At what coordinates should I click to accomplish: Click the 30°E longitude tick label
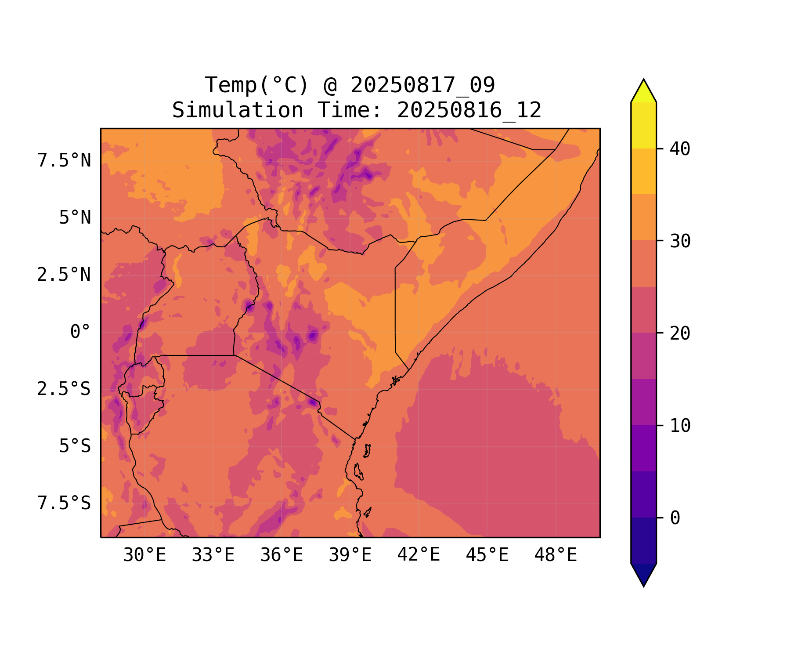coord(144,555)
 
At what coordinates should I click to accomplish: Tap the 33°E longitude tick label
coord(213,555)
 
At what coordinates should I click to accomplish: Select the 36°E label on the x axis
coord(282,555)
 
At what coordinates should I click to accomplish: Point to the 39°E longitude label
coord(350,555)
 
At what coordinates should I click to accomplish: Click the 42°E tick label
coord(419,555)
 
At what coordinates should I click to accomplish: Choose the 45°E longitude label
coord(487,555)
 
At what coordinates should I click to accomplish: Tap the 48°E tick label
coord(556,555)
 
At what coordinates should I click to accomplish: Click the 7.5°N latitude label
coord(64,161)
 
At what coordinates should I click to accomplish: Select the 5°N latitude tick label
coord(75,218)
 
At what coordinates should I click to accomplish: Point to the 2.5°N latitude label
coord(64,275)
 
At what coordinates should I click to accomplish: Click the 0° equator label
coord(80,332)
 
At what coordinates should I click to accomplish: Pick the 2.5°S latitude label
coord(64,389)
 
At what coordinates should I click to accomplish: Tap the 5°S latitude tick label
coord(75,446)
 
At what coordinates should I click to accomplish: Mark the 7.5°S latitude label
coord(64,503)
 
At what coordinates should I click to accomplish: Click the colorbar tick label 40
coord(680,149)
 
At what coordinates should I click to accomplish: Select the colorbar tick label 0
coord(675,518)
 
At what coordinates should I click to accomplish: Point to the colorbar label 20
coord(680,334)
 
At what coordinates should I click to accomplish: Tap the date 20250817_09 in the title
coord(422,85)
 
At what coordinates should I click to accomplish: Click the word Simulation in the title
coord(238,110)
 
